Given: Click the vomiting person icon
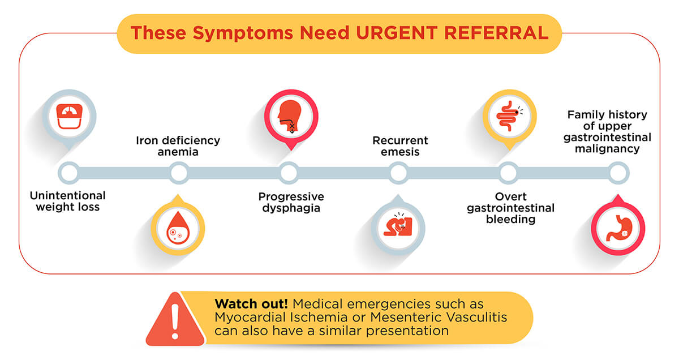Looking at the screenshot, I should pyautogui.click(x=398, y=228).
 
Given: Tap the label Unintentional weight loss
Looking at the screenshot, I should pyautogui.click(x=68, y=202).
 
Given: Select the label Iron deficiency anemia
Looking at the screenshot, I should pyautogui.click(x=178, y=146).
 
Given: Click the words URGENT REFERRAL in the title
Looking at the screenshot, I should pyautogui.click(x=453, y=33).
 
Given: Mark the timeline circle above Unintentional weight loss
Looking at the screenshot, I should pyautogui.click(x=68, y=173).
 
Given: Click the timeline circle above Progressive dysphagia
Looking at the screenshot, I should pyautogui.click(x=289, y=173).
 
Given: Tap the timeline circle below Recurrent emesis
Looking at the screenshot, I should pyautogui.click(x=398, y=173).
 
